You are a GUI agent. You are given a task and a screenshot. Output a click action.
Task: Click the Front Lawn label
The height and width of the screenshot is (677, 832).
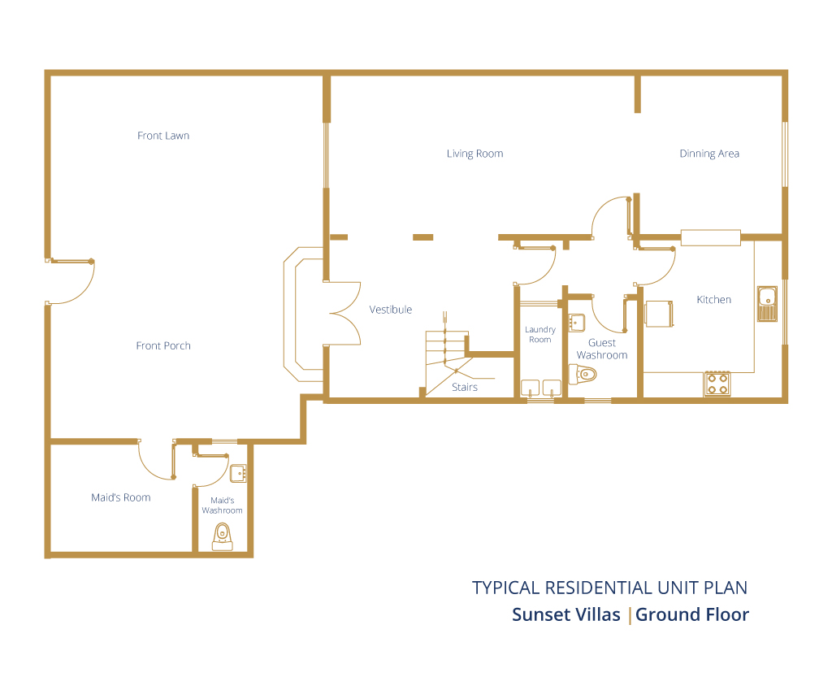pyautogui.click(x=163, y=136)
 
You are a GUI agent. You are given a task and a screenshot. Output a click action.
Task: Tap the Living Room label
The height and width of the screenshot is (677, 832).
pyautogui.click(x=474, y=154)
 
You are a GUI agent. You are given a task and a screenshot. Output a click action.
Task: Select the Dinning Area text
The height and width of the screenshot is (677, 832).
pyautogui.click(x=709, y=154)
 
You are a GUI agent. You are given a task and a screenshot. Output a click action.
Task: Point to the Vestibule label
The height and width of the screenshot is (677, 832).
pyautogui.click(x=391, y=310)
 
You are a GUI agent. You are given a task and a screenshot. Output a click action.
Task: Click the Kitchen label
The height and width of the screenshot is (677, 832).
pyautogui.click(x=713, y=300)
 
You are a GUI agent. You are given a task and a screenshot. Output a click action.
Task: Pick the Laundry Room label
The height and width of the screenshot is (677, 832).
pyautogui.click(x=540, y=334)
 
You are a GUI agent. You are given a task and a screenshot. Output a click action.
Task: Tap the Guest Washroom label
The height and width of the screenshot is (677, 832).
pyautogui.click(x=602, y=349)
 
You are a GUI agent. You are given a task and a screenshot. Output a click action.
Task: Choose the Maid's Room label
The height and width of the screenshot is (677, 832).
pyautogui.click(x=121, y=497)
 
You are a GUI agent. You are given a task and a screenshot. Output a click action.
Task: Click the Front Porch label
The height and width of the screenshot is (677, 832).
pyautogui.click(x=163, y=346)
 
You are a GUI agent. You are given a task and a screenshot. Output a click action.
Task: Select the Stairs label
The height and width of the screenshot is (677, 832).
pyautogui.click(x=465, y=388)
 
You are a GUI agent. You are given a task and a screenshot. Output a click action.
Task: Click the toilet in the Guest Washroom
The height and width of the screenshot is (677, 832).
pyautogui.click(x=583, y=374)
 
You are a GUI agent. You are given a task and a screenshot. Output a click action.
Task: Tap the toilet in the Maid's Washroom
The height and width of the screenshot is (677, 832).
pyautogui.click(x=223, y=537)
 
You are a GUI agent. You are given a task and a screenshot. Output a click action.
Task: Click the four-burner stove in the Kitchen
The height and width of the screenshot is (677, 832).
pyautogui.click(x=717, y=384)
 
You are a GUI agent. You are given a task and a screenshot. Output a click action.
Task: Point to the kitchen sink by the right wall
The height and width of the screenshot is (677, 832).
pyautogui.click(x=767, y=304)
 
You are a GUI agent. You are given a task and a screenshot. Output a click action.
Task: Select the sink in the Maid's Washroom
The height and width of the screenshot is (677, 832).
pyautogui.click(x=238, y=473)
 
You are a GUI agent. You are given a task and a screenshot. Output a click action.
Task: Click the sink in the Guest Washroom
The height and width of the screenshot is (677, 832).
pyautogui.click(x=577, y=323)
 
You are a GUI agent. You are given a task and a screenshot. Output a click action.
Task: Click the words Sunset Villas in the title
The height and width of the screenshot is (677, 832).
pyautogui.click(x=566, y=615)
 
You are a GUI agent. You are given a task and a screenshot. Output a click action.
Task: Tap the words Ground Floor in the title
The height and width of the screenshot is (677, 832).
pyautogui.click(x=692, y=615)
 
